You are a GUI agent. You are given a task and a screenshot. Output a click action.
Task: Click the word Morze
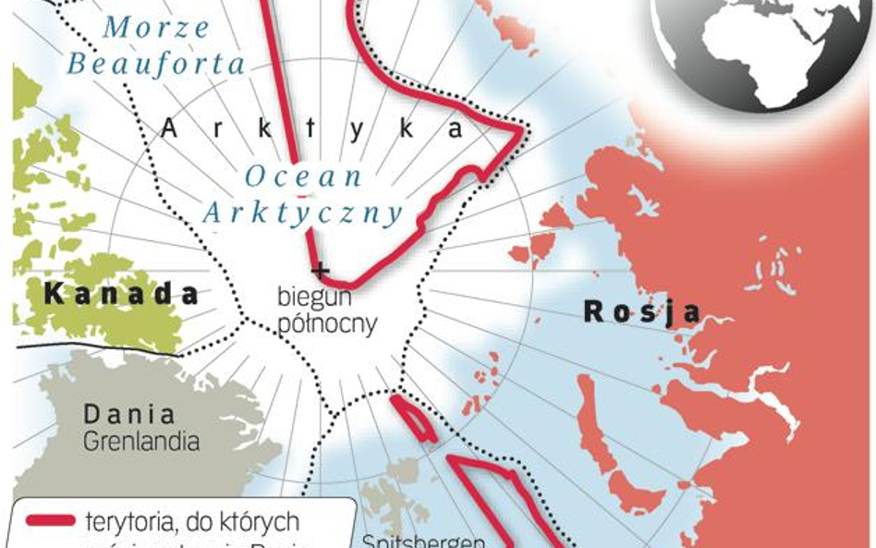coord(156,28)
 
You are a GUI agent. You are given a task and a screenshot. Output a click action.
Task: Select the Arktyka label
coord(311,129)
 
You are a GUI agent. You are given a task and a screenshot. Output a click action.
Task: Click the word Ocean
coord(304,176)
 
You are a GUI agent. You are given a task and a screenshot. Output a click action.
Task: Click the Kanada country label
coord(122,295)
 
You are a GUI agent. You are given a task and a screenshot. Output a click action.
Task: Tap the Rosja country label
coord(641,312)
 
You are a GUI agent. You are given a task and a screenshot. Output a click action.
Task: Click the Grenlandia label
coord(140,441)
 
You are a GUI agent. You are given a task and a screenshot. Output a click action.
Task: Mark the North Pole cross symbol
coord(321,271)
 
